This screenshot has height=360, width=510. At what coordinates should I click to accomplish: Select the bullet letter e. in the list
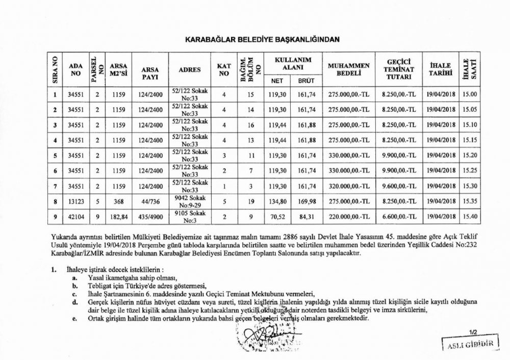coord(74,319)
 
